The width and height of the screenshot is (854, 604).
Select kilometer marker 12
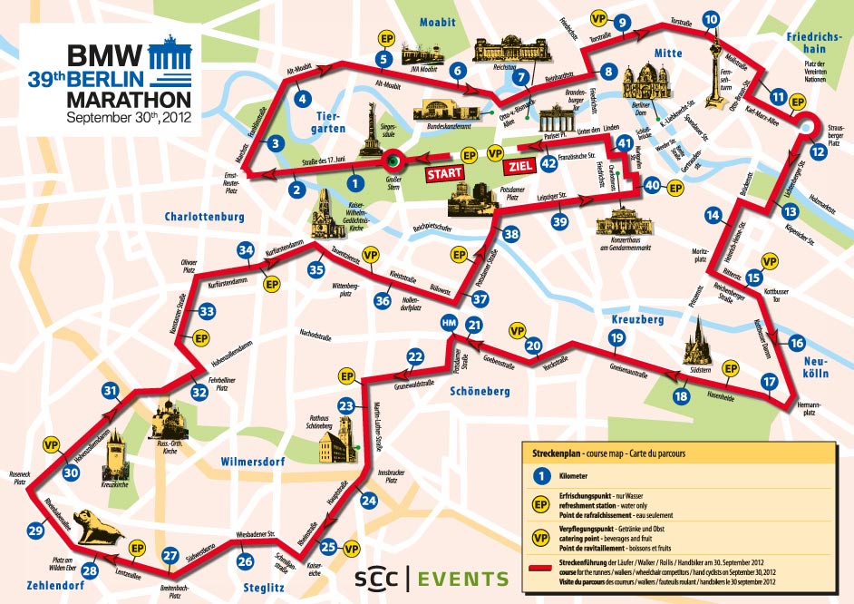point(820,151)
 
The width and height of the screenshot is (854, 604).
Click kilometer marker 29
point(36,531)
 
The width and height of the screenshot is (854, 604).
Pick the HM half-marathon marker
point(448,324)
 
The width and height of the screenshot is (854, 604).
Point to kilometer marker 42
point(548,163)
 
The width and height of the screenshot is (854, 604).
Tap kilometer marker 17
point(769,382)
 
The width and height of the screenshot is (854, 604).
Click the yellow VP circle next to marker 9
point(598,19)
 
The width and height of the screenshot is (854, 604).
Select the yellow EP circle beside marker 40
point(674,188)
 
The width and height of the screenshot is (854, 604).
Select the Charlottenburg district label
point(205,217)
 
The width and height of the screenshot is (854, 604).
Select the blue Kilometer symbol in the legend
point(541,475)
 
